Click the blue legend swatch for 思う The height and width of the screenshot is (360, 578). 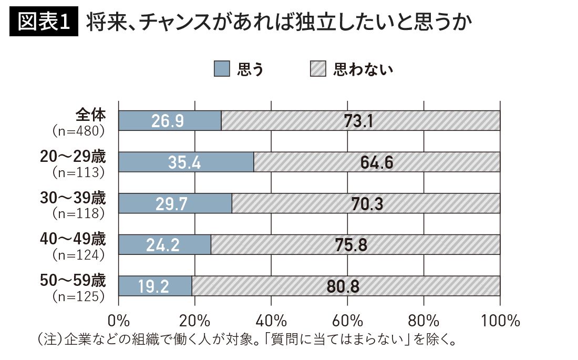click(x=222, y=69)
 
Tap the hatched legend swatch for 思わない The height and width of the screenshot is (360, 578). click(x=318, y=69)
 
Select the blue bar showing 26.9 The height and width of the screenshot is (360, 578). click(x=170, y=120)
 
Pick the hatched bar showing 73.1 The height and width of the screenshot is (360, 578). click(x=360, y=120)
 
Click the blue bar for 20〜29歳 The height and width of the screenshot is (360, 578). click(x=186, y=161)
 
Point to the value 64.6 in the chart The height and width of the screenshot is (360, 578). click(x=377, y=161)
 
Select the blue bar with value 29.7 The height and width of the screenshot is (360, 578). click(x=175, y=203)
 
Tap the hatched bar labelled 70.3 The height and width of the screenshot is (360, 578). click(x=366, y=203)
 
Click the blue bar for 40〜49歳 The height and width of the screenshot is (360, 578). click(x=164, y=244)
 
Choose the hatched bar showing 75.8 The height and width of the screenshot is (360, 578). click(x=355, y=244)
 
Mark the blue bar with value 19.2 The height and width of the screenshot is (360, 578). click(x=155, y=286)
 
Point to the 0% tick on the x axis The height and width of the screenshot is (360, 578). click(x=119, y=320)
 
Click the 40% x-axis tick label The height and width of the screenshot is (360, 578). click(x=272, y=320)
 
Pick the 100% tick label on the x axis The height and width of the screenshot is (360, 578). click(x=500, y=320)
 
